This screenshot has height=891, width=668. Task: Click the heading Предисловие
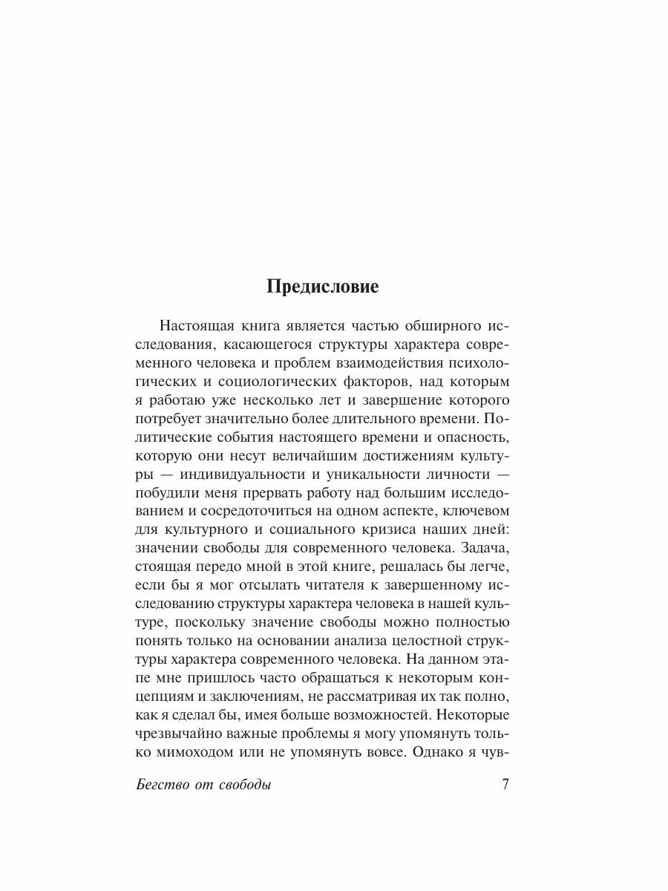tap(323, 288)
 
